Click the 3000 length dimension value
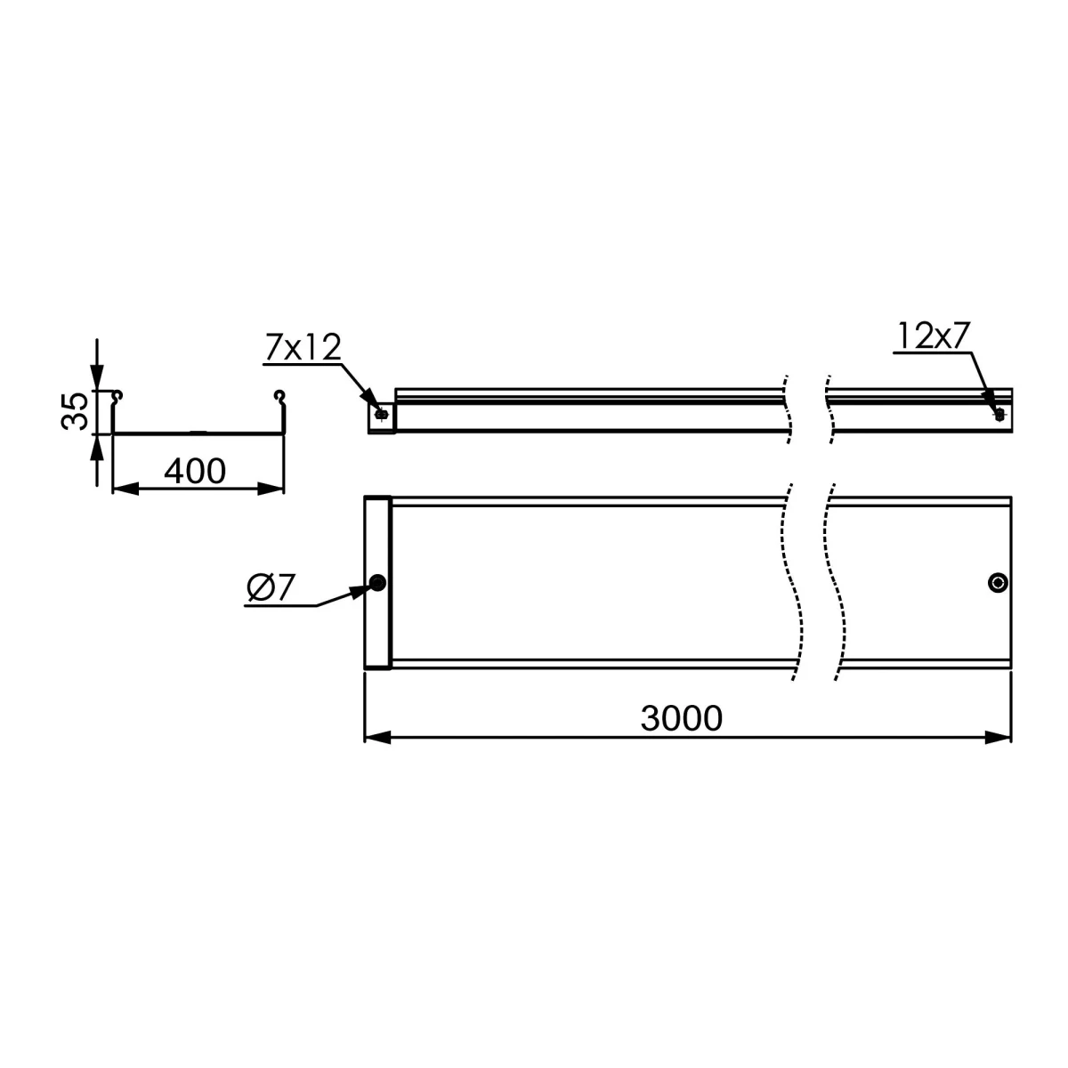point(681,718)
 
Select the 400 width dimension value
point(195,471)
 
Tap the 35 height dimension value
point(75,411)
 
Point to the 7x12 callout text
point(303,348)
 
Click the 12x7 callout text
point(933,336)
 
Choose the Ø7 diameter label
point(271,588)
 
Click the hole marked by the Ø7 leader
point(378,582)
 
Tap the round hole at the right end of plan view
point(998,582)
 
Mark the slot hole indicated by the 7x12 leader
point(380,414)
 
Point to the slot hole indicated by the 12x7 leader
point(999,414)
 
